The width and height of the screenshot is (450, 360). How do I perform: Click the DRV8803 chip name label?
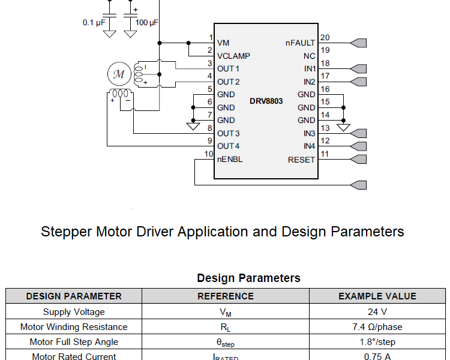266,101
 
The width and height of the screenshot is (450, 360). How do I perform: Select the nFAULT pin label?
300,43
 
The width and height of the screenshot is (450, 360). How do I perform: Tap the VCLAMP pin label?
233,56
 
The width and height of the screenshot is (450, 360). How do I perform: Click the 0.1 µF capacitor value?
94,22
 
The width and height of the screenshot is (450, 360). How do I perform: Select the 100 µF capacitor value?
147,22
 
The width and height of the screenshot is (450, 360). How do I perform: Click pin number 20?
325,38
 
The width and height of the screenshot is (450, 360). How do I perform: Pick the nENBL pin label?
230,160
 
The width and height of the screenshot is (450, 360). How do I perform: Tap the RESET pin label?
301,160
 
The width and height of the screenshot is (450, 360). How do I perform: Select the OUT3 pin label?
229,133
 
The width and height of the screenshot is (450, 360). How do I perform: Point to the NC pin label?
309,56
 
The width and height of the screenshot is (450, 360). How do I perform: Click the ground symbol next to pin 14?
343,127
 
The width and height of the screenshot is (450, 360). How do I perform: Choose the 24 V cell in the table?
377,312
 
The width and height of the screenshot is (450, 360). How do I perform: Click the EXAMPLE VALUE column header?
377,296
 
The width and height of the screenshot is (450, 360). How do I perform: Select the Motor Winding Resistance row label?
74,327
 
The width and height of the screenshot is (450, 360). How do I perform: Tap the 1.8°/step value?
377,342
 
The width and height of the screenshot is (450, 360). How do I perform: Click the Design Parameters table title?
248,278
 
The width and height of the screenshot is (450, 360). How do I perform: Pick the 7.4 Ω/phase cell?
377,327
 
